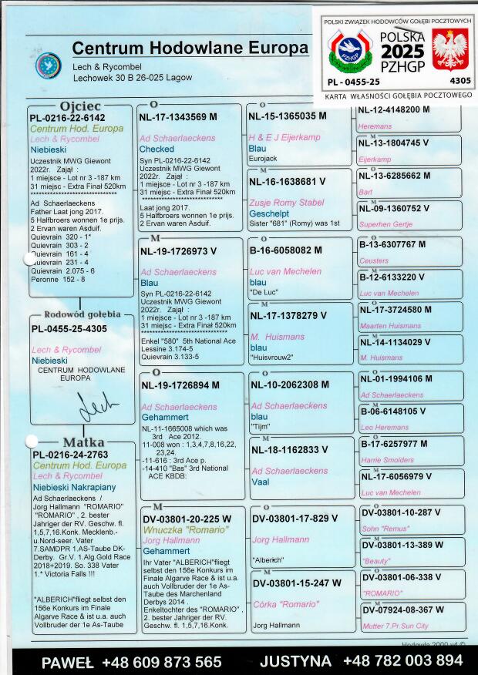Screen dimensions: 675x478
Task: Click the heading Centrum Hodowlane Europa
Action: click(x=190, y=49)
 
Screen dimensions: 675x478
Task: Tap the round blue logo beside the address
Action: click(x=48, y=65)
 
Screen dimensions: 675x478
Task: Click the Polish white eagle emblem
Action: click(x=448, y=49)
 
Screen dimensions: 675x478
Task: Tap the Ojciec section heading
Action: click(x=79, y=106)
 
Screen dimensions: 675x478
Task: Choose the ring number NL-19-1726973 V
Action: click(x=178, y=251)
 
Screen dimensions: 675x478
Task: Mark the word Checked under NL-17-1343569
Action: click(x=157, y=149)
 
